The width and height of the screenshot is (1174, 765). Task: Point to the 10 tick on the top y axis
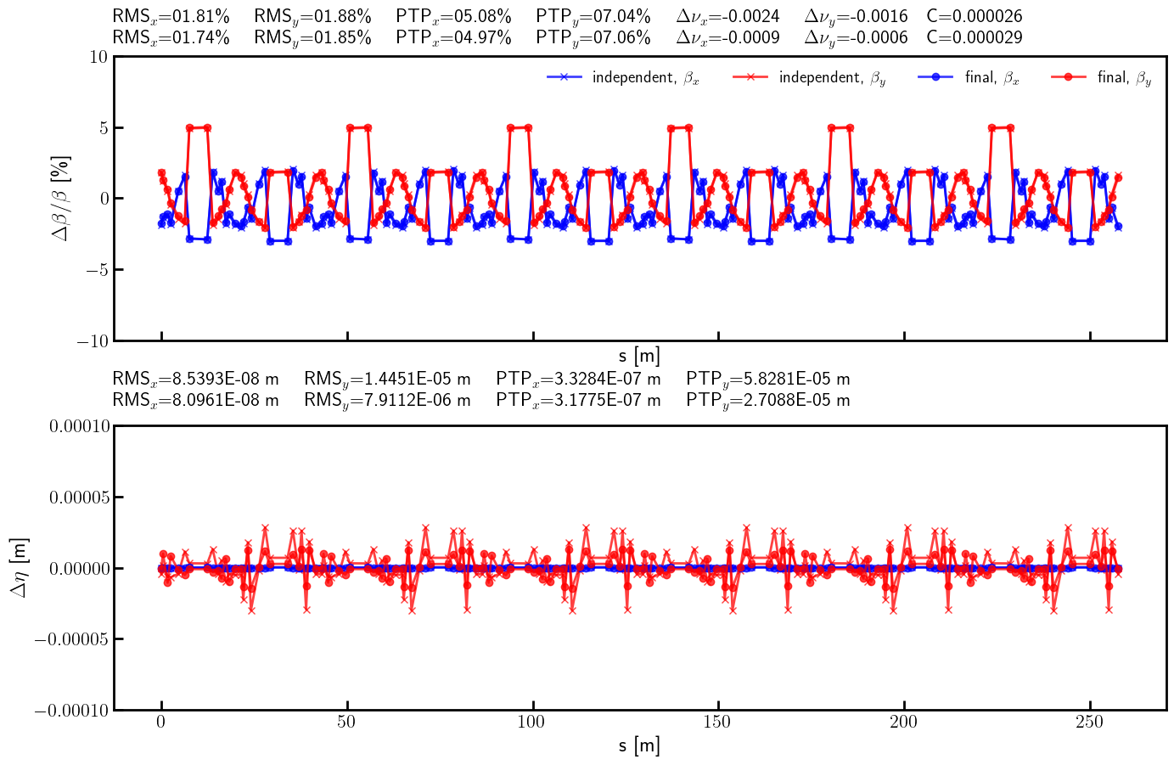pos(98,57)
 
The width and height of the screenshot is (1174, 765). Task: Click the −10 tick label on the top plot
pos(92,340)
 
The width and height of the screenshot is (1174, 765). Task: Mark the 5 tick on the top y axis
pos(103,128)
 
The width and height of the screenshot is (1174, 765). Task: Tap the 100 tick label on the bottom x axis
pos(532,723)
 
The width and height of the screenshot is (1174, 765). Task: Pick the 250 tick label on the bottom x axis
pos(1090,723)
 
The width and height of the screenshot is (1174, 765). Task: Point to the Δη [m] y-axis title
pos(19,567)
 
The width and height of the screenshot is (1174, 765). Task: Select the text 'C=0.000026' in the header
pos(974,16)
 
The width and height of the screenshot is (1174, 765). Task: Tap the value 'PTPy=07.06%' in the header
pos(593,37)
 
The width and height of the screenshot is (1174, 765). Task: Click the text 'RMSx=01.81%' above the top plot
pos(171,16)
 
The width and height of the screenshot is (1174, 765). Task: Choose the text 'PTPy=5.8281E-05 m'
pos(767,379)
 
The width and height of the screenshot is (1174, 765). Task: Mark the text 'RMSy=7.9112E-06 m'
pos(387,400)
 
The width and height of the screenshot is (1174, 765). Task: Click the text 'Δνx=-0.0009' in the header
pos(727,37)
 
